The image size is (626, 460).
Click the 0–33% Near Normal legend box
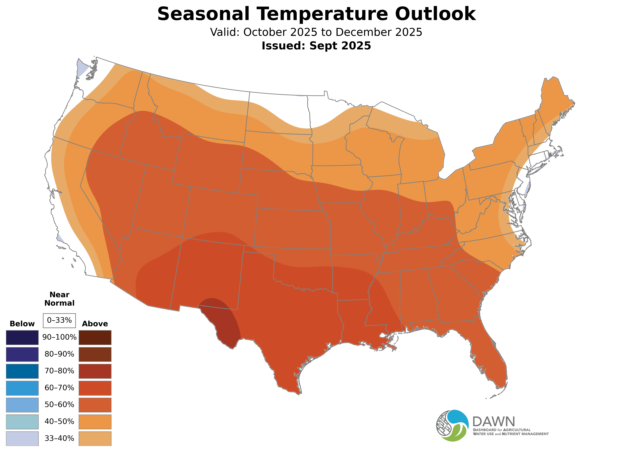(x=59, y=321)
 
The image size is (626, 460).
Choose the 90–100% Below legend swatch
(x=22, y=338)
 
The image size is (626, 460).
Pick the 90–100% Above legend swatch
(x=95, y=338)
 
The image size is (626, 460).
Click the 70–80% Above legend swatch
(x=95, y=371)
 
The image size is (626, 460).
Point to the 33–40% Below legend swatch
(x=22, y=439)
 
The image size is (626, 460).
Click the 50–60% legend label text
(x=59, y=405)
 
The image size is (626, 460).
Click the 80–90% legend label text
(x=59, y=354)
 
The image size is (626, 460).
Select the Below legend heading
(x=22, y=324)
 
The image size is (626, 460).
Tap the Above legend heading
(x=95, y=324)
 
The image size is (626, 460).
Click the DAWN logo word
(x=494, y=422)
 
